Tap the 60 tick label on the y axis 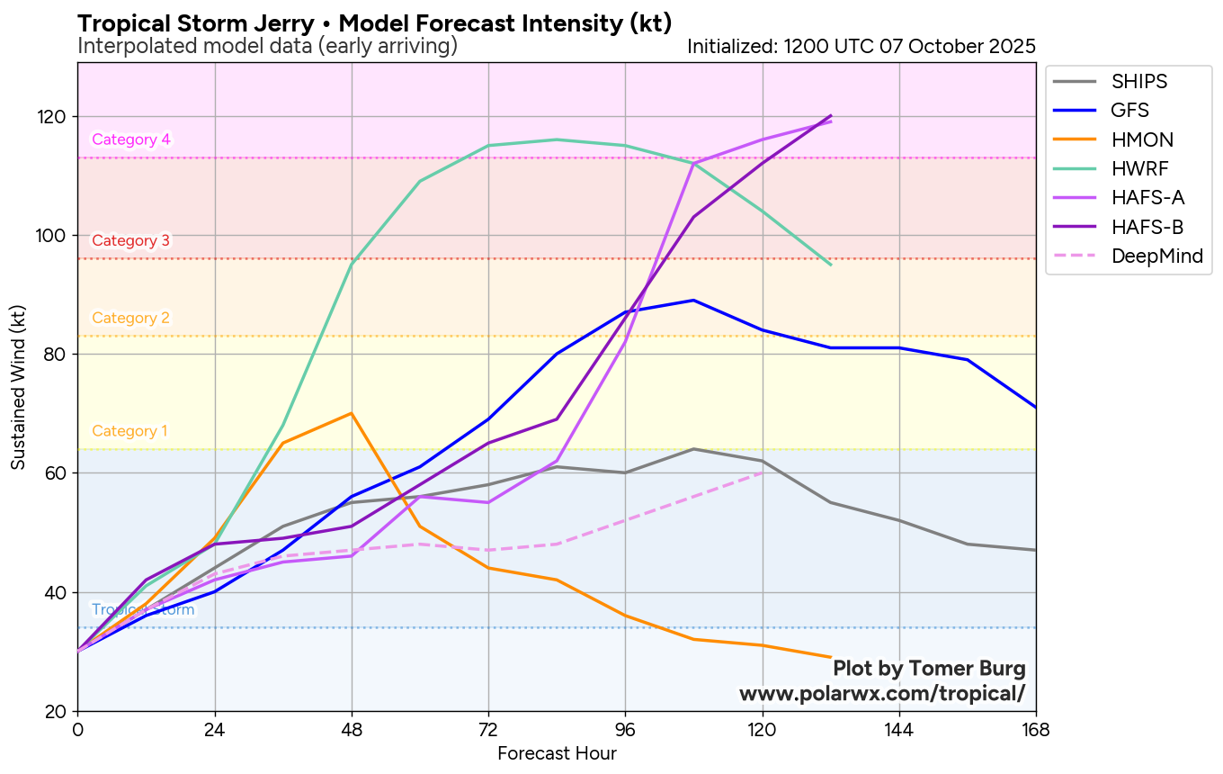tap(58, 473)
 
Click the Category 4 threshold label tap(131, 139)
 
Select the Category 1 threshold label tap(129, 431)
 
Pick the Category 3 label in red tap(130, 240)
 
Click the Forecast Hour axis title tap(557, 753)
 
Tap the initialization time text tap(861, 46)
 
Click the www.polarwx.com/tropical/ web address tap(881, 694)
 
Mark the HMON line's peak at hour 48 tap(352, 413)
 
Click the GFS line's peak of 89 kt tap(693, 300)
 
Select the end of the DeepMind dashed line tap(763, 472)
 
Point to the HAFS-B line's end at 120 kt tap(831, 116)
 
